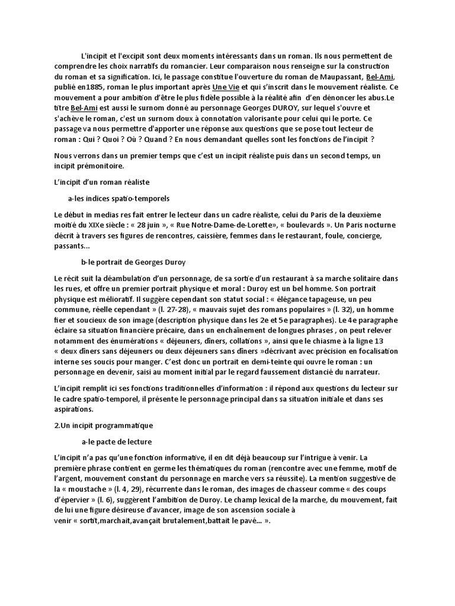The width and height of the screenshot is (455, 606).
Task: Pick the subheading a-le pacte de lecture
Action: point(116,441)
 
